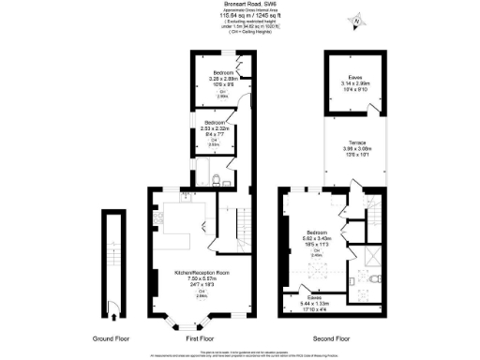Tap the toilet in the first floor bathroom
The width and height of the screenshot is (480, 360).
[217, 178]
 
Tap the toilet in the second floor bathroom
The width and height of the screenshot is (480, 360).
[373, 278]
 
